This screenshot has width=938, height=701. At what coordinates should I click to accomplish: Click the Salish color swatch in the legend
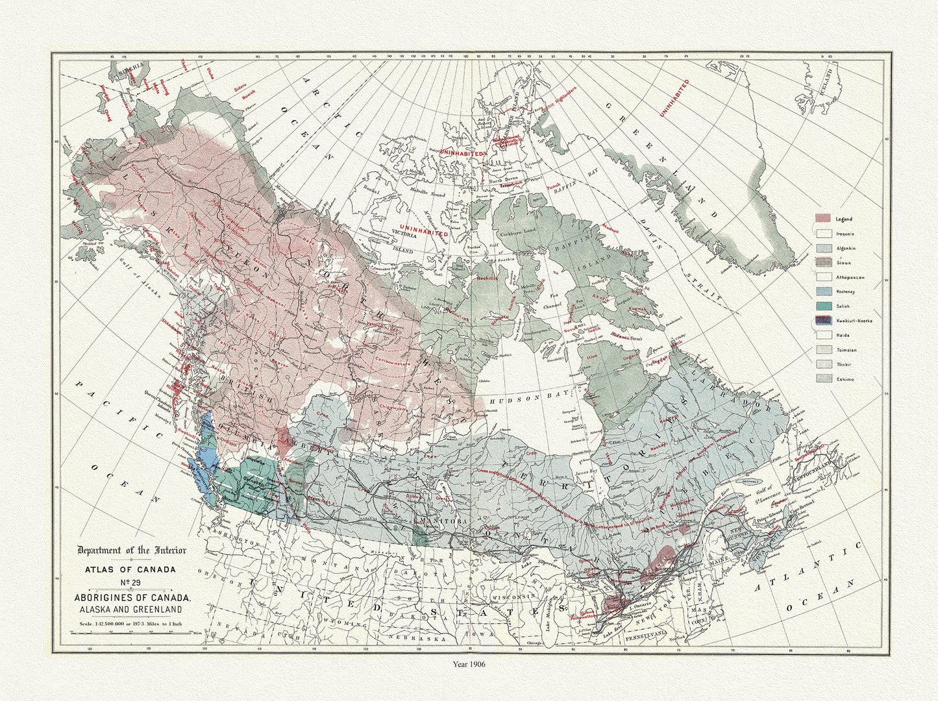tap(824, 306)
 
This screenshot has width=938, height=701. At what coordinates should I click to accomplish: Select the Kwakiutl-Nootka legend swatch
tap(824, 320)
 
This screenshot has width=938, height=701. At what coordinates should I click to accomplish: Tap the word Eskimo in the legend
tap(845, 378)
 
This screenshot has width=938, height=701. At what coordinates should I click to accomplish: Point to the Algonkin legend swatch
tap(824, 248)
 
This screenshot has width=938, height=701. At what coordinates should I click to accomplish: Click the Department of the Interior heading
tap(132, 550)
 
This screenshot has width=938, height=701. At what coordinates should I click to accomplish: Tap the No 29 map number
tap(131, 582)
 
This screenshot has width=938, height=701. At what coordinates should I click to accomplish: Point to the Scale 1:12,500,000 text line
tap(132, 623)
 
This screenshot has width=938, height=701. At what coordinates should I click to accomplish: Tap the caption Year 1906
tap(468, 664)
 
